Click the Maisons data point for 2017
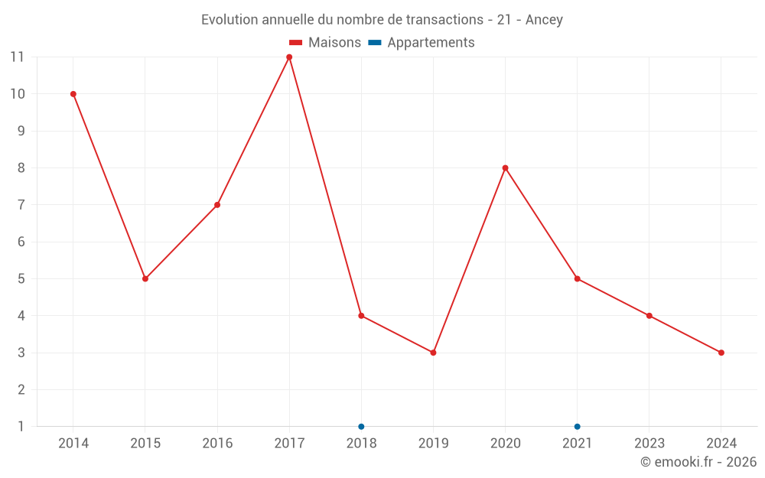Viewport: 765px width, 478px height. click(289, 57)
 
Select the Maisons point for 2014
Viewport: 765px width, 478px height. click(73, 94)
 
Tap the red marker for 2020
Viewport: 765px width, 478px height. click(505, 168)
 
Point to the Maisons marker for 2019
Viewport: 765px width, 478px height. click(433, 353)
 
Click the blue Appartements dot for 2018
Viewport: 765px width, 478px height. click(361, 427)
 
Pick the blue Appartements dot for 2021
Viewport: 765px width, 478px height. click(578, 427)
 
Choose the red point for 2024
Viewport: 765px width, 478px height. click(721, 353)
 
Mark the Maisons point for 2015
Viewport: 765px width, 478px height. click(145, 278)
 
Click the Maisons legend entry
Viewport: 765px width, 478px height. click(325, 43)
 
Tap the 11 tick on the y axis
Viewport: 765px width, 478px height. click(17, 57)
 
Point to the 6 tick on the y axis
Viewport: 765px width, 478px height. click(21, 242)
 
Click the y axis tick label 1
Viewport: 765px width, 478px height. click(21, 427)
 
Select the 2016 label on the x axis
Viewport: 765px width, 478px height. click(217, 444)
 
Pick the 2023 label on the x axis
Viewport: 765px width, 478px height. click(649, 444)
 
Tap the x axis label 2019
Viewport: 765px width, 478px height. click(433, 444)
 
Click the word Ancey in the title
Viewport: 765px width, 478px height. click(544, 20)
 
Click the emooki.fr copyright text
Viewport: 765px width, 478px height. click(698, 462)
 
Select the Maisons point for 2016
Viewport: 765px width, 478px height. click(217, 205)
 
